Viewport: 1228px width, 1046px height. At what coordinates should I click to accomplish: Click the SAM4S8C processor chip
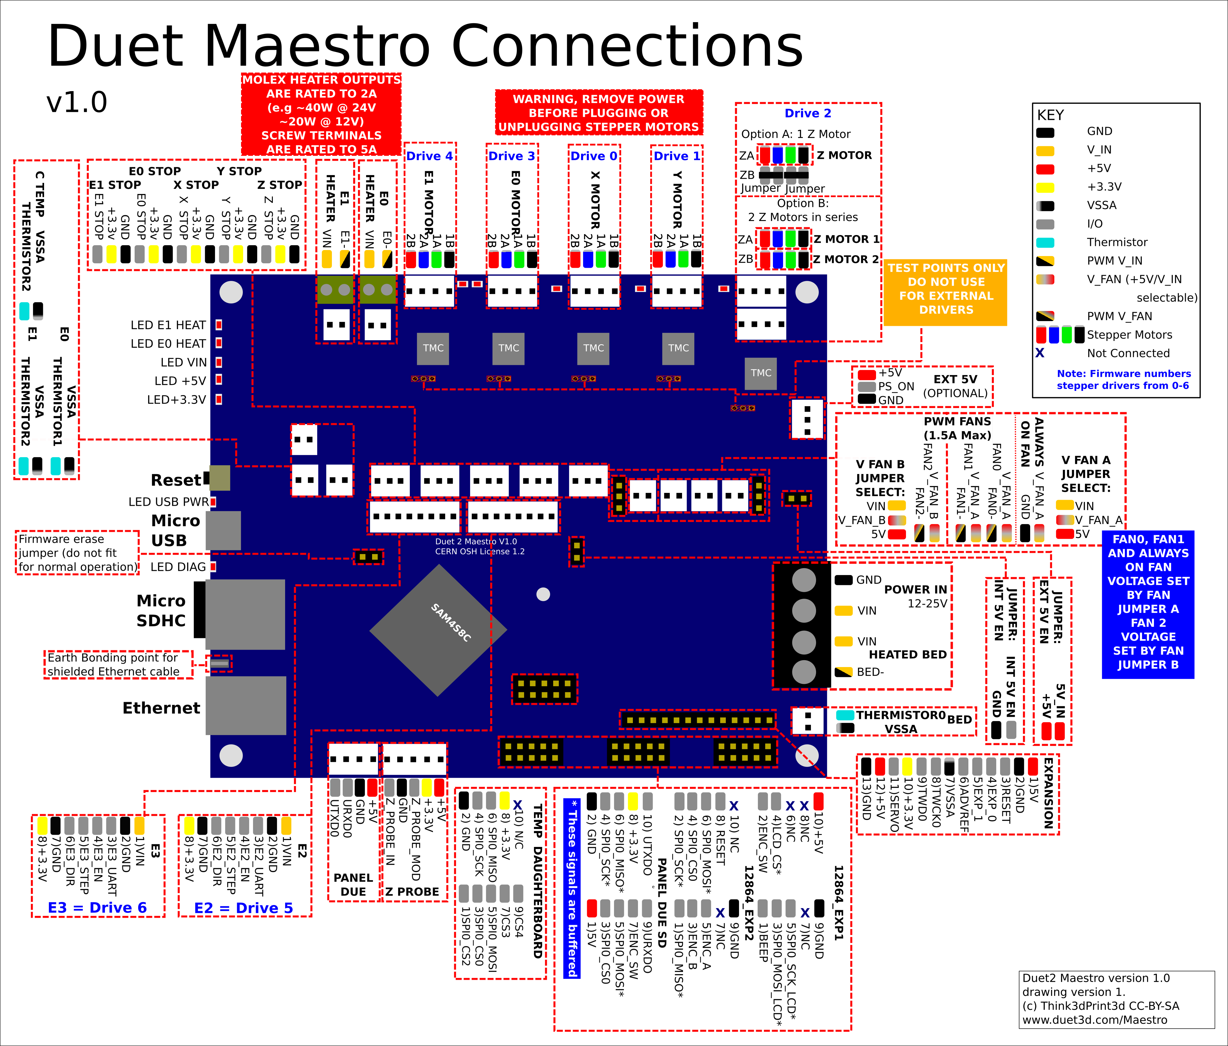point(439,630)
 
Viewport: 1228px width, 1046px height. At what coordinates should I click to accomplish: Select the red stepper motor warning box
point(599,113)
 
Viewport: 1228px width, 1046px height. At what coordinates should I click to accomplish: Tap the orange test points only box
point(946,293)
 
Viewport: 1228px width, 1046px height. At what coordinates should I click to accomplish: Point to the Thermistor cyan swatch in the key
point(1045,242)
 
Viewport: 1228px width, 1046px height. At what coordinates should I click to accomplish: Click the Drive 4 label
point(430,156)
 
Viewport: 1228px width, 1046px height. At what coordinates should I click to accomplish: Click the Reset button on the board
point(219,478)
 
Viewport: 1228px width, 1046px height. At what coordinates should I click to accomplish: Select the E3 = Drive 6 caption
point(97,908)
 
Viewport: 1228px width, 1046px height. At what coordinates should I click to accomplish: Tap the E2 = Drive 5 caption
point(243,908)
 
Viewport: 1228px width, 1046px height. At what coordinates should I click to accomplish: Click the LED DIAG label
point(178,567)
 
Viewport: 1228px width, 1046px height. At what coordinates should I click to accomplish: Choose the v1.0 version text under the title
point(77,103)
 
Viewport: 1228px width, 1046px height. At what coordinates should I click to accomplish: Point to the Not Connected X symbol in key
point(1039,353)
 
